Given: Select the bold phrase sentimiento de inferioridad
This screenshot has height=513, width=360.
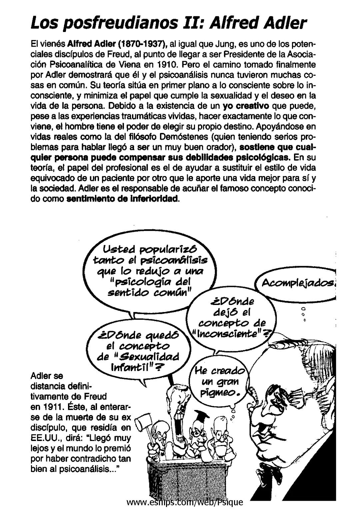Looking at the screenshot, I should [x=123, y=199].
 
